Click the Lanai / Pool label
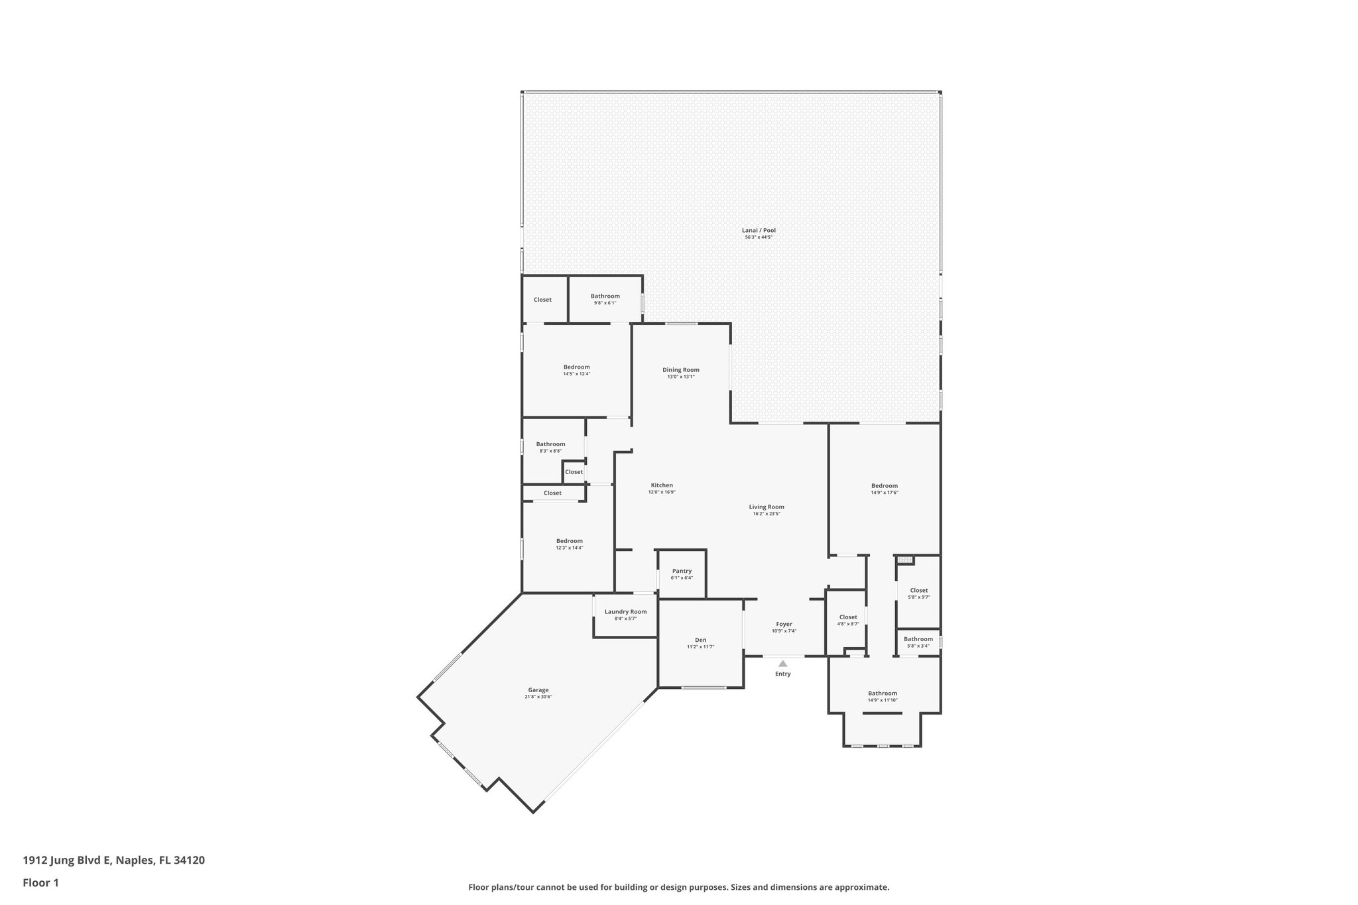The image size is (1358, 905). pyautogui.click(x=759, y=231)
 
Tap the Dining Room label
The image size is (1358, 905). pyautogui.click(x=681, y=370)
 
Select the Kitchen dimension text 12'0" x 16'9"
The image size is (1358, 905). pyautogui.click(x=662, y=492)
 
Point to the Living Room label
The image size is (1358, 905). pyautogui.click(x=767, y=507)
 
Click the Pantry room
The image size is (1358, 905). pyautogui.click(x=682, y=573)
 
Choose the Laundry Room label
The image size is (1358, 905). pyautogui.click(x=625, y=612)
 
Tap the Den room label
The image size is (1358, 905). pyautogui.click(x=700, y=640)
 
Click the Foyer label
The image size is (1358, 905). pyautogui.click(x=784, y=624)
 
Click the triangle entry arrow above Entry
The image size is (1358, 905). pyautogui.click(x=782, y=663)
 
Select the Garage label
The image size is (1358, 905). pyautogui.click(x=538, y=690)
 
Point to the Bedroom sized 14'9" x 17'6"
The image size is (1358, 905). pyautogui.click(x=885, y=489)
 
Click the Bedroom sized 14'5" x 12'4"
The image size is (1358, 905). pyautogui.click(x=576, y=370)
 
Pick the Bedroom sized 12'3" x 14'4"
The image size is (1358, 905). pyautogui.click(x=569, y=544)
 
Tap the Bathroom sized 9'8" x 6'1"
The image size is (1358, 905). pyautogui.click(x=605, y=299)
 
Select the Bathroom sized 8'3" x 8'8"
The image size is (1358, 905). pyautogui.click(x=550, y=447)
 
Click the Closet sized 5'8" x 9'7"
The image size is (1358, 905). pyautogui.click(x=918, y=593)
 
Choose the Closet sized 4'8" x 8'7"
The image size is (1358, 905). pyautogui.click(x=848, y=620)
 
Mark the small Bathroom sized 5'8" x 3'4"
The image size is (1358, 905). pyautogui.click(x=918, y=642)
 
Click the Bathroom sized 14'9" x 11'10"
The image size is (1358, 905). pyautogui.click(x=882, y=696)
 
